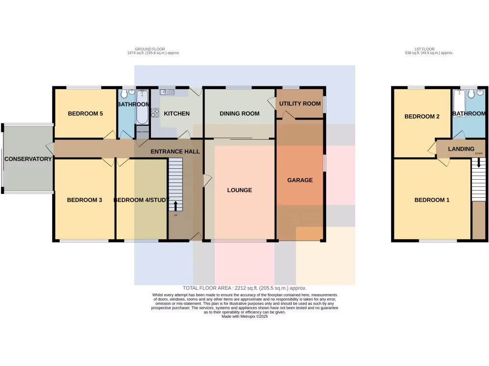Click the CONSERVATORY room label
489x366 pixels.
28,159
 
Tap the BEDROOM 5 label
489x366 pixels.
85,114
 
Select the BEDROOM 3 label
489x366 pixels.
85,200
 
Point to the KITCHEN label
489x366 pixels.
177,114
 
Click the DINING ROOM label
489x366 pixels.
239,114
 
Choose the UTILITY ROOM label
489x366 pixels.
300,104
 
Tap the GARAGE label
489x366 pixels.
300,180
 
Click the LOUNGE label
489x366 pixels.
239,190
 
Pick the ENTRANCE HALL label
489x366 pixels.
175,152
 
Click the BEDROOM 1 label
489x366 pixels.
432,200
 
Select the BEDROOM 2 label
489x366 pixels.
422,117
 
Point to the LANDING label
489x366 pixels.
461,149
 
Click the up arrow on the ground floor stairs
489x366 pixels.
175,206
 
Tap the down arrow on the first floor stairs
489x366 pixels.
478,163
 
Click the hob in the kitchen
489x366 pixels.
155,113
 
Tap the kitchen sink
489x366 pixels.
168,91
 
